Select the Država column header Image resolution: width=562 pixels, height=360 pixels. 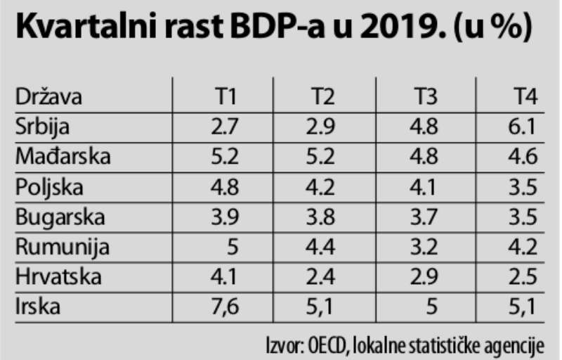click(48, 96)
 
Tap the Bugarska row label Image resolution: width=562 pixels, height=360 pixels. click(60, 217)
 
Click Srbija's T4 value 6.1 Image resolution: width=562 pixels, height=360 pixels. click(524, 127)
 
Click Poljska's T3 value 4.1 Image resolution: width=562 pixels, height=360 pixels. click(426, 187)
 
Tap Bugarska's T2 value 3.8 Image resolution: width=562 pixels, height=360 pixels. click(327, 217)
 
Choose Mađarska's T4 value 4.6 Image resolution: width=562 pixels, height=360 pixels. click(524, 157)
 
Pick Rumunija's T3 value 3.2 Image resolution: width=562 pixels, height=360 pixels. click(426, 247)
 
